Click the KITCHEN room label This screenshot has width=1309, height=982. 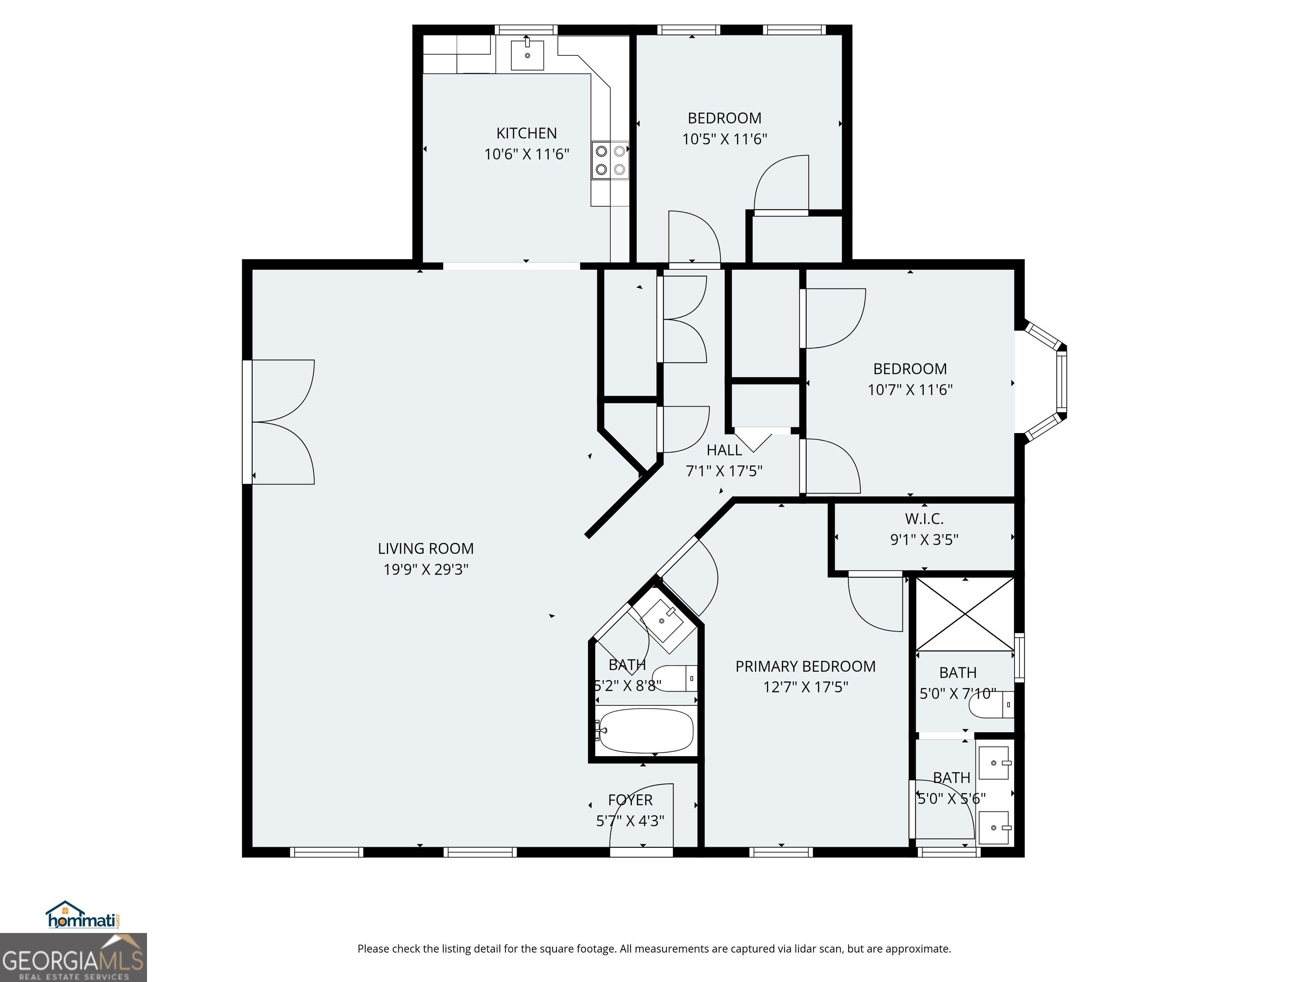tap(526, 133)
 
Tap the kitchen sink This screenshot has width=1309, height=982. tap(527, 55)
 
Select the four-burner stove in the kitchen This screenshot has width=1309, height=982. tap(610, 160)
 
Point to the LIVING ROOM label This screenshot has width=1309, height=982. tap(426, 549)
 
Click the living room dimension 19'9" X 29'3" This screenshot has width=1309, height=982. tap(426, 569)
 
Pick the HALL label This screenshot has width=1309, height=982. tap(724, 451)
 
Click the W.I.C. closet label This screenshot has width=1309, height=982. tap(924, 519)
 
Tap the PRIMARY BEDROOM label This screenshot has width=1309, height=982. tap(805, 667)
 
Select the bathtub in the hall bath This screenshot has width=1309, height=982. tap(644, 731)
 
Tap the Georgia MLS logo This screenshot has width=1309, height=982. tap(73, 957)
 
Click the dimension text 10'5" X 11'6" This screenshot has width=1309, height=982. tap(724, 139)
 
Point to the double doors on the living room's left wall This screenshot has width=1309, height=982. tap(280, 422)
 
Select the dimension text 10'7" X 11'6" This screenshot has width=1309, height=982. tap(910, 390)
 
